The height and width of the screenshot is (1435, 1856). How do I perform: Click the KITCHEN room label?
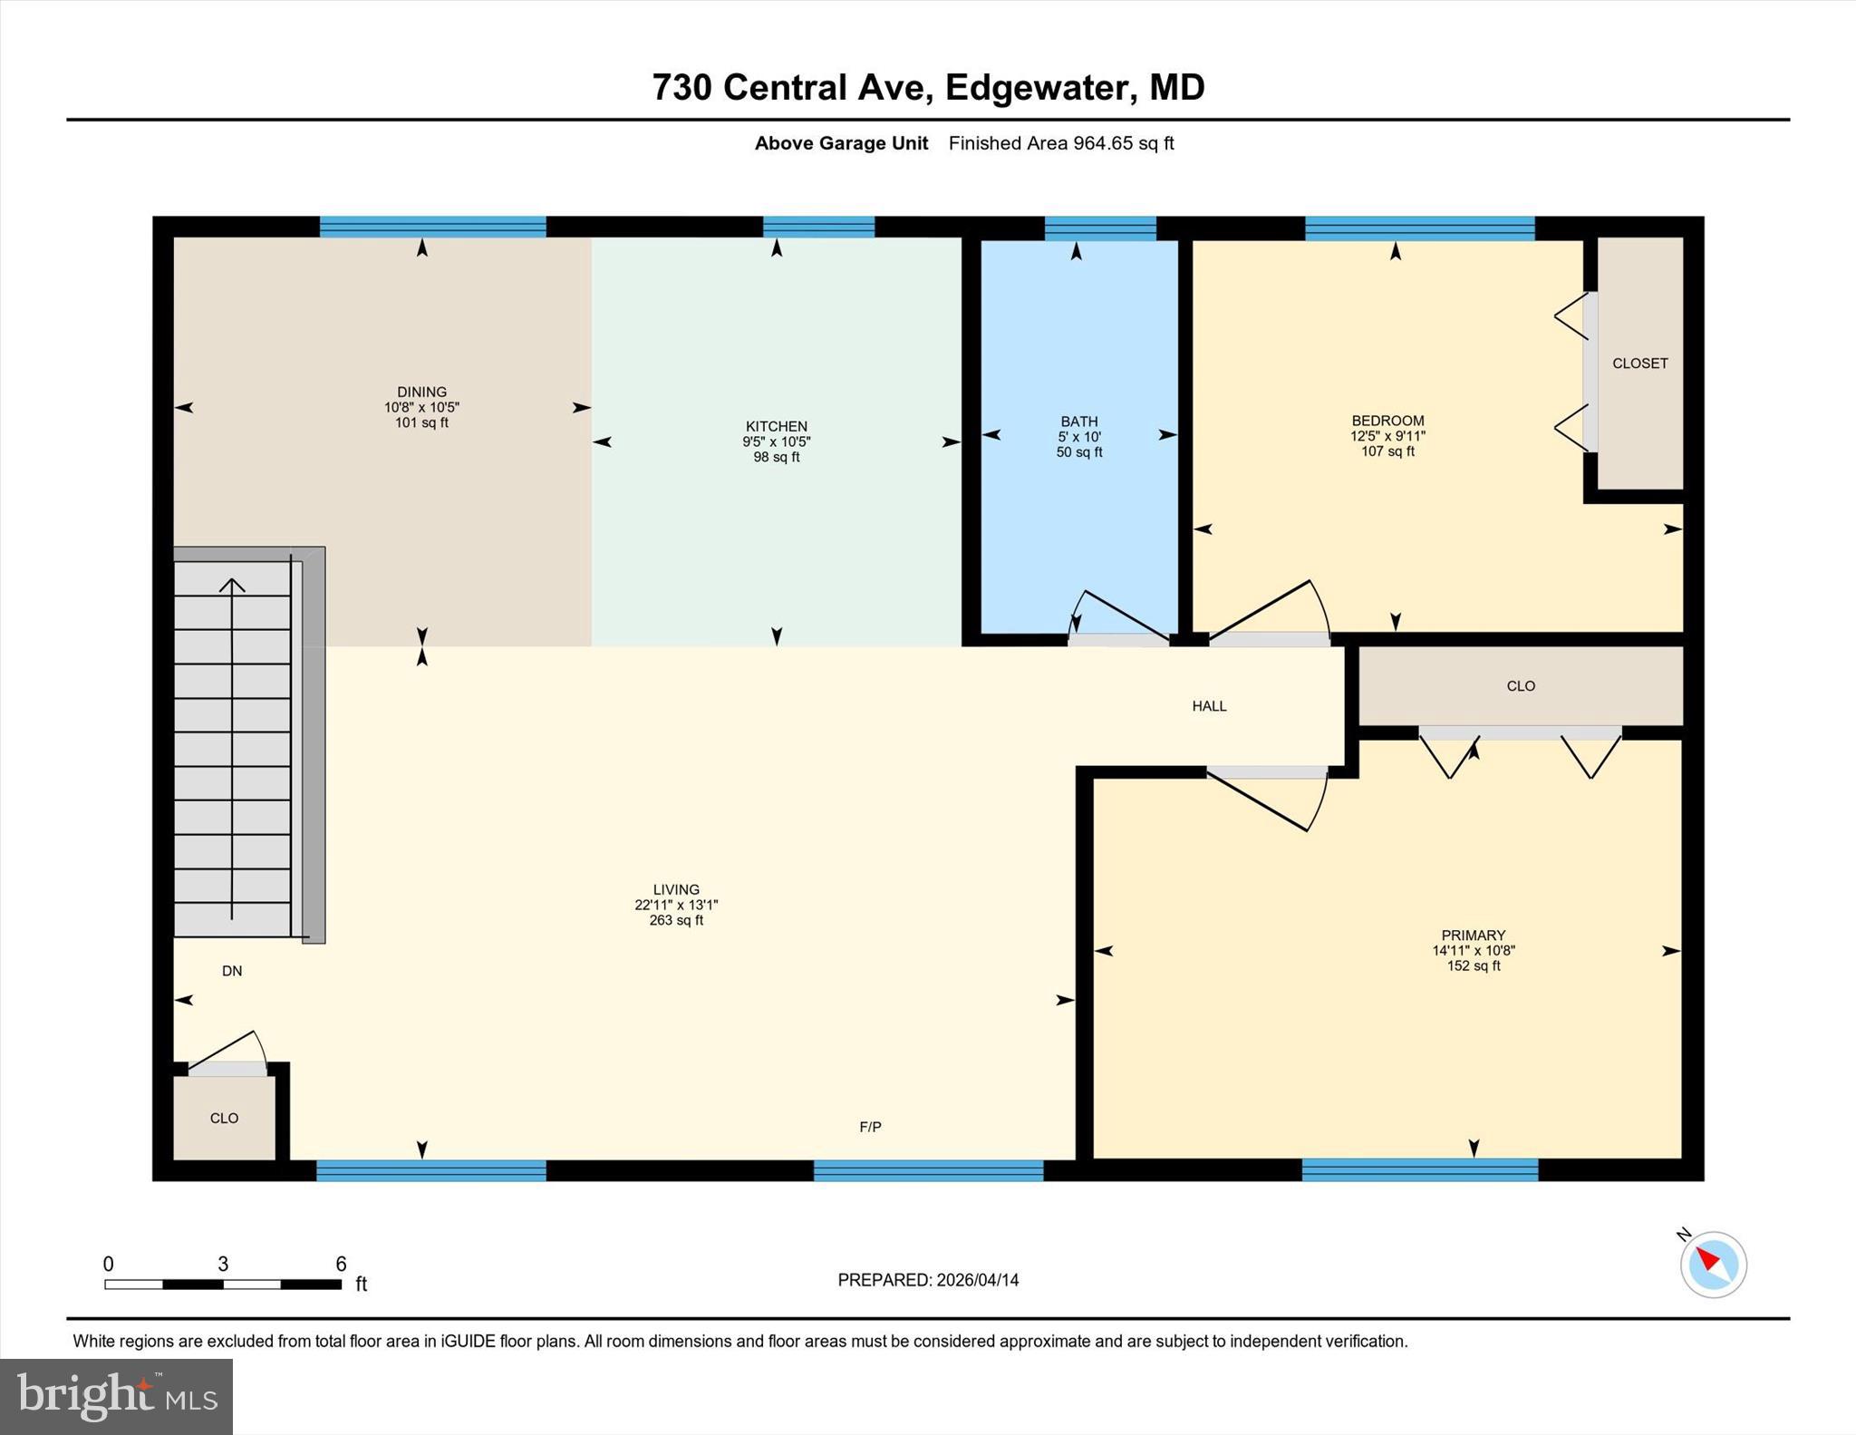(776, 426)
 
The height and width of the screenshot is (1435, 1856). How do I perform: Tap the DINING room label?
(421, 393)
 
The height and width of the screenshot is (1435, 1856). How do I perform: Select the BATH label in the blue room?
(1079, 422)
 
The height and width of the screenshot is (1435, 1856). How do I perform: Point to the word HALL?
(1209, 706)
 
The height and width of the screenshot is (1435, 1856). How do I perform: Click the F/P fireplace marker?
(870, 1127)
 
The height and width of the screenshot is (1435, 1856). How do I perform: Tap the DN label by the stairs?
(232, 971)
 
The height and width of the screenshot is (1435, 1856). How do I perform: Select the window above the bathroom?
(1100, 228)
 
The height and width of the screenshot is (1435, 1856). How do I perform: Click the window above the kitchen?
(818, 227)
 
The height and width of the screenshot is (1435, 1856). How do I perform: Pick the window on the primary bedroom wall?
(1420, 1170)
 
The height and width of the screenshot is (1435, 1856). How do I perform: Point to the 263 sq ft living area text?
(676, 920)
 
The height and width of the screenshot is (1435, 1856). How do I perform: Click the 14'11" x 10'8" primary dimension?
(1474, 951)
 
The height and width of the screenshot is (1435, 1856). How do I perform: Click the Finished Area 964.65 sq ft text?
(1061, 143)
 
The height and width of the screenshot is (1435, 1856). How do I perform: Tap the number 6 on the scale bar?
(341, 1264)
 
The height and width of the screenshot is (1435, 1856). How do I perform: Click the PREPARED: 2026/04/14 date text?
(928, 1280)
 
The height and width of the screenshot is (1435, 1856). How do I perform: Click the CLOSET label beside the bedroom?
(1639, 364)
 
